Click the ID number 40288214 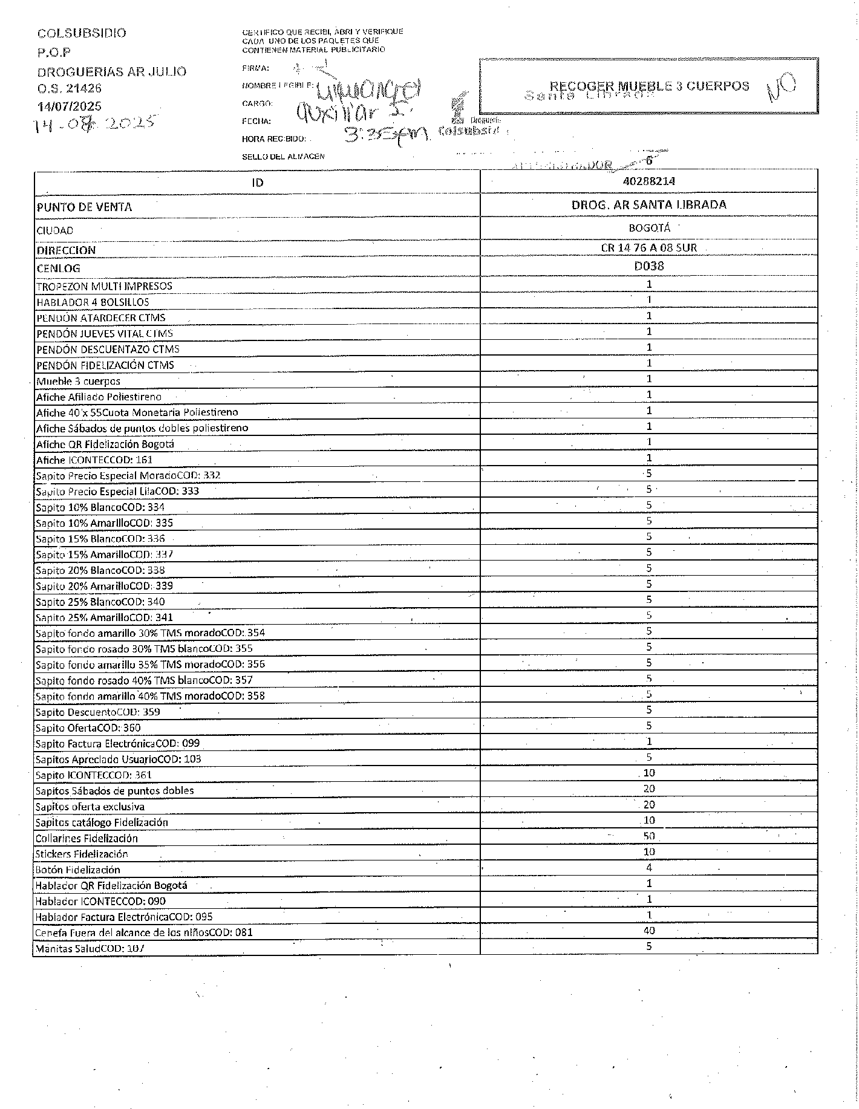[x=648, y=181]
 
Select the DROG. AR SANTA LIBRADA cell [x=648, y=205]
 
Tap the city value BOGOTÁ [x=649, y=229]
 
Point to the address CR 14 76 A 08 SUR [x=648, y=247]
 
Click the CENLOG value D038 [x=648, y=265]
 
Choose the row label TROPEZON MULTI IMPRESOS [x=104, y=286]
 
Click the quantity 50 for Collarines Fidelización [x=649, y=836]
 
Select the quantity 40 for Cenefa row [x=649, y=931]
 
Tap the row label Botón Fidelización [x=78, y=870]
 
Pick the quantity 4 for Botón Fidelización [x=649, y=868]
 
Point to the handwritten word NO [x=781, y=89]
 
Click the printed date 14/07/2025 [x=70, y=106]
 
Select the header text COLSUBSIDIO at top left [x=82, y=33]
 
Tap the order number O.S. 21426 [x=70, y=88]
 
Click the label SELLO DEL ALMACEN [x=283, y=157]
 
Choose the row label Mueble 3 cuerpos [x=78, y=382]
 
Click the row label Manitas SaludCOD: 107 [x=90, y=948]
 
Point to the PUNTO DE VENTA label [x=84, y=207]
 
